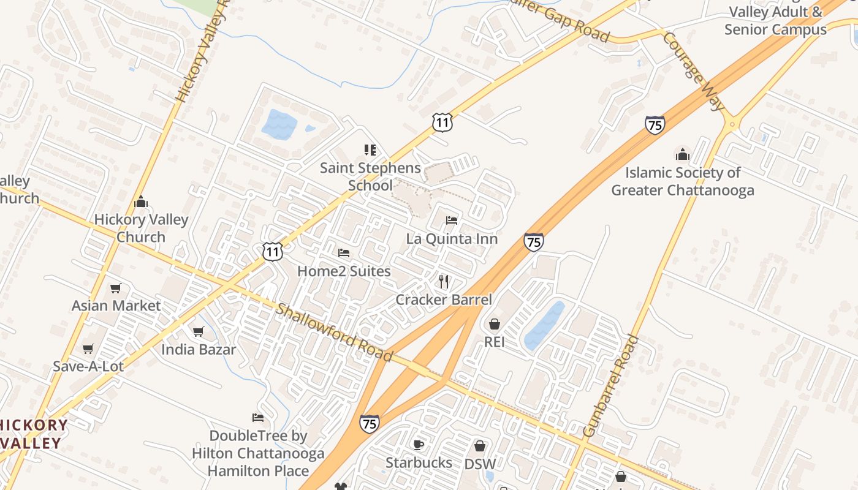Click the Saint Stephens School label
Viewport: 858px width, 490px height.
click(370, 176)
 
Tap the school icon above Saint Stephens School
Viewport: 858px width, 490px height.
click(370, 149)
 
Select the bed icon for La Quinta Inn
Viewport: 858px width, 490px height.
click(452, 220)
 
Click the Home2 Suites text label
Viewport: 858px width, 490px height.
click(344, 271)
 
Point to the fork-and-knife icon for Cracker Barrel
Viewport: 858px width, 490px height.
click(444, 281)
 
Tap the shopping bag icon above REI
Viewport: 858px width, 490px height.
click(494, 323)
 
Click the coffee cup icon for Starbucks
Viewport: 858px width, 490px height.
click(419, 444)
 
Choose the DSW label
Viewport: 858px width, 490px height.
click(479, 464)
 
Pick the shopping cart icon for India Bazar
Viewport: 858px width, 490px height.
click(198, 331)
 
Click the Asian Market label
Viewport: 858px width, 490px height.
click(116, 305)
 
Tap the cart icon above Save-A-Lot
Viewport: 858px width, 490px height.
click(88, 349)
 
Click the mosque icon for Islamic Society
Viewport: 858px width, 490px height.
click(682, 154)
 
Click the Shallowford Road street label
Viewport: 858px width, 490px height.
click(334, 332)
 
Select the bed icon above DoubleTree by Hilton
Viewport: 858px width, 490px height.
click(258, 418)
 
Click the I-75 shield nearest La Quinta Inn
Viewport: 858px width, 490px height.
click(533, 242)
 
